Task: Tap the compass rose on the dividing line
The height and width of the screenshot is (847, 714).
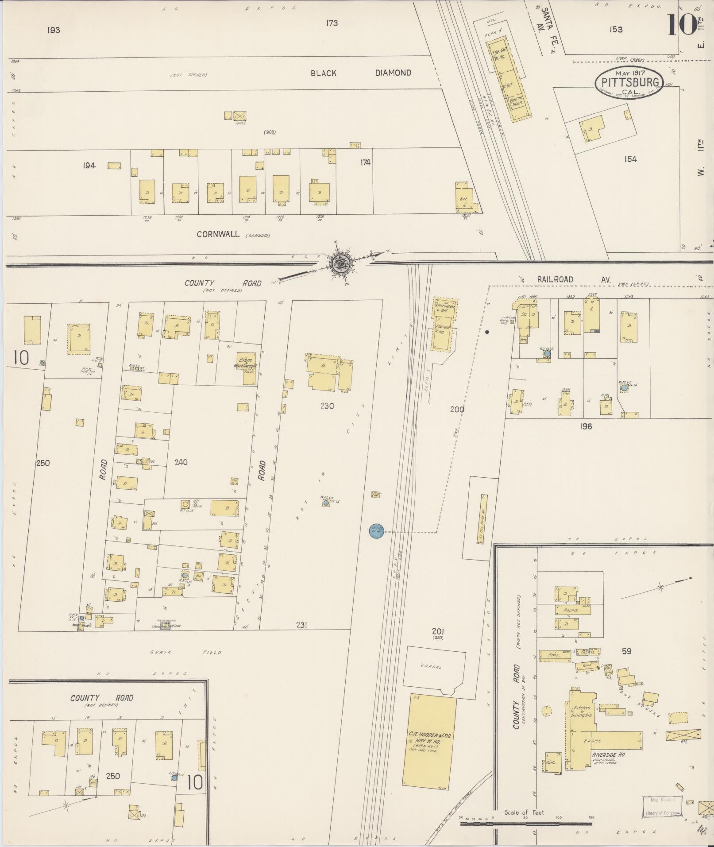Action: coord(341,263)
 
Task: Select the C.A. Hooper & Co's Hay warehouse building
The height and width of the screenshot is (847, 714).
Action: coord(429,740)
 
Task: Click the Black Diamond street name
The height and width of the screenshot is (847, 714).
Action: coord(360,73)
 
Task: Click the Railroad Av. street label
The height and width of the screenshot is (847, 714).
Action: coord(574,280)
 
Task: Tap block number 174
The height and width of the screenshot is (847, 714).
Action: coord(365,162)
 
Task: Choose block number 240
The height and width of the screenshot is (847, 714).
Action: coord(181,462)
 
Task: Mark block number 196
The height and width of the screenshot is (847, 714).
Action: coord(585,426)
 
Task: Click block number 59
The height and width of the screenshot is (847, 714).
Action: coord(626,651)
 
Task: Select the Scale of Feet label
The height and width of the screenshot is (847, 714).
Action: coord(525,812)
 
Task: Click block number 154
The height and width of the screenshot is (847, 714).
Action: coord(630,159)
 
